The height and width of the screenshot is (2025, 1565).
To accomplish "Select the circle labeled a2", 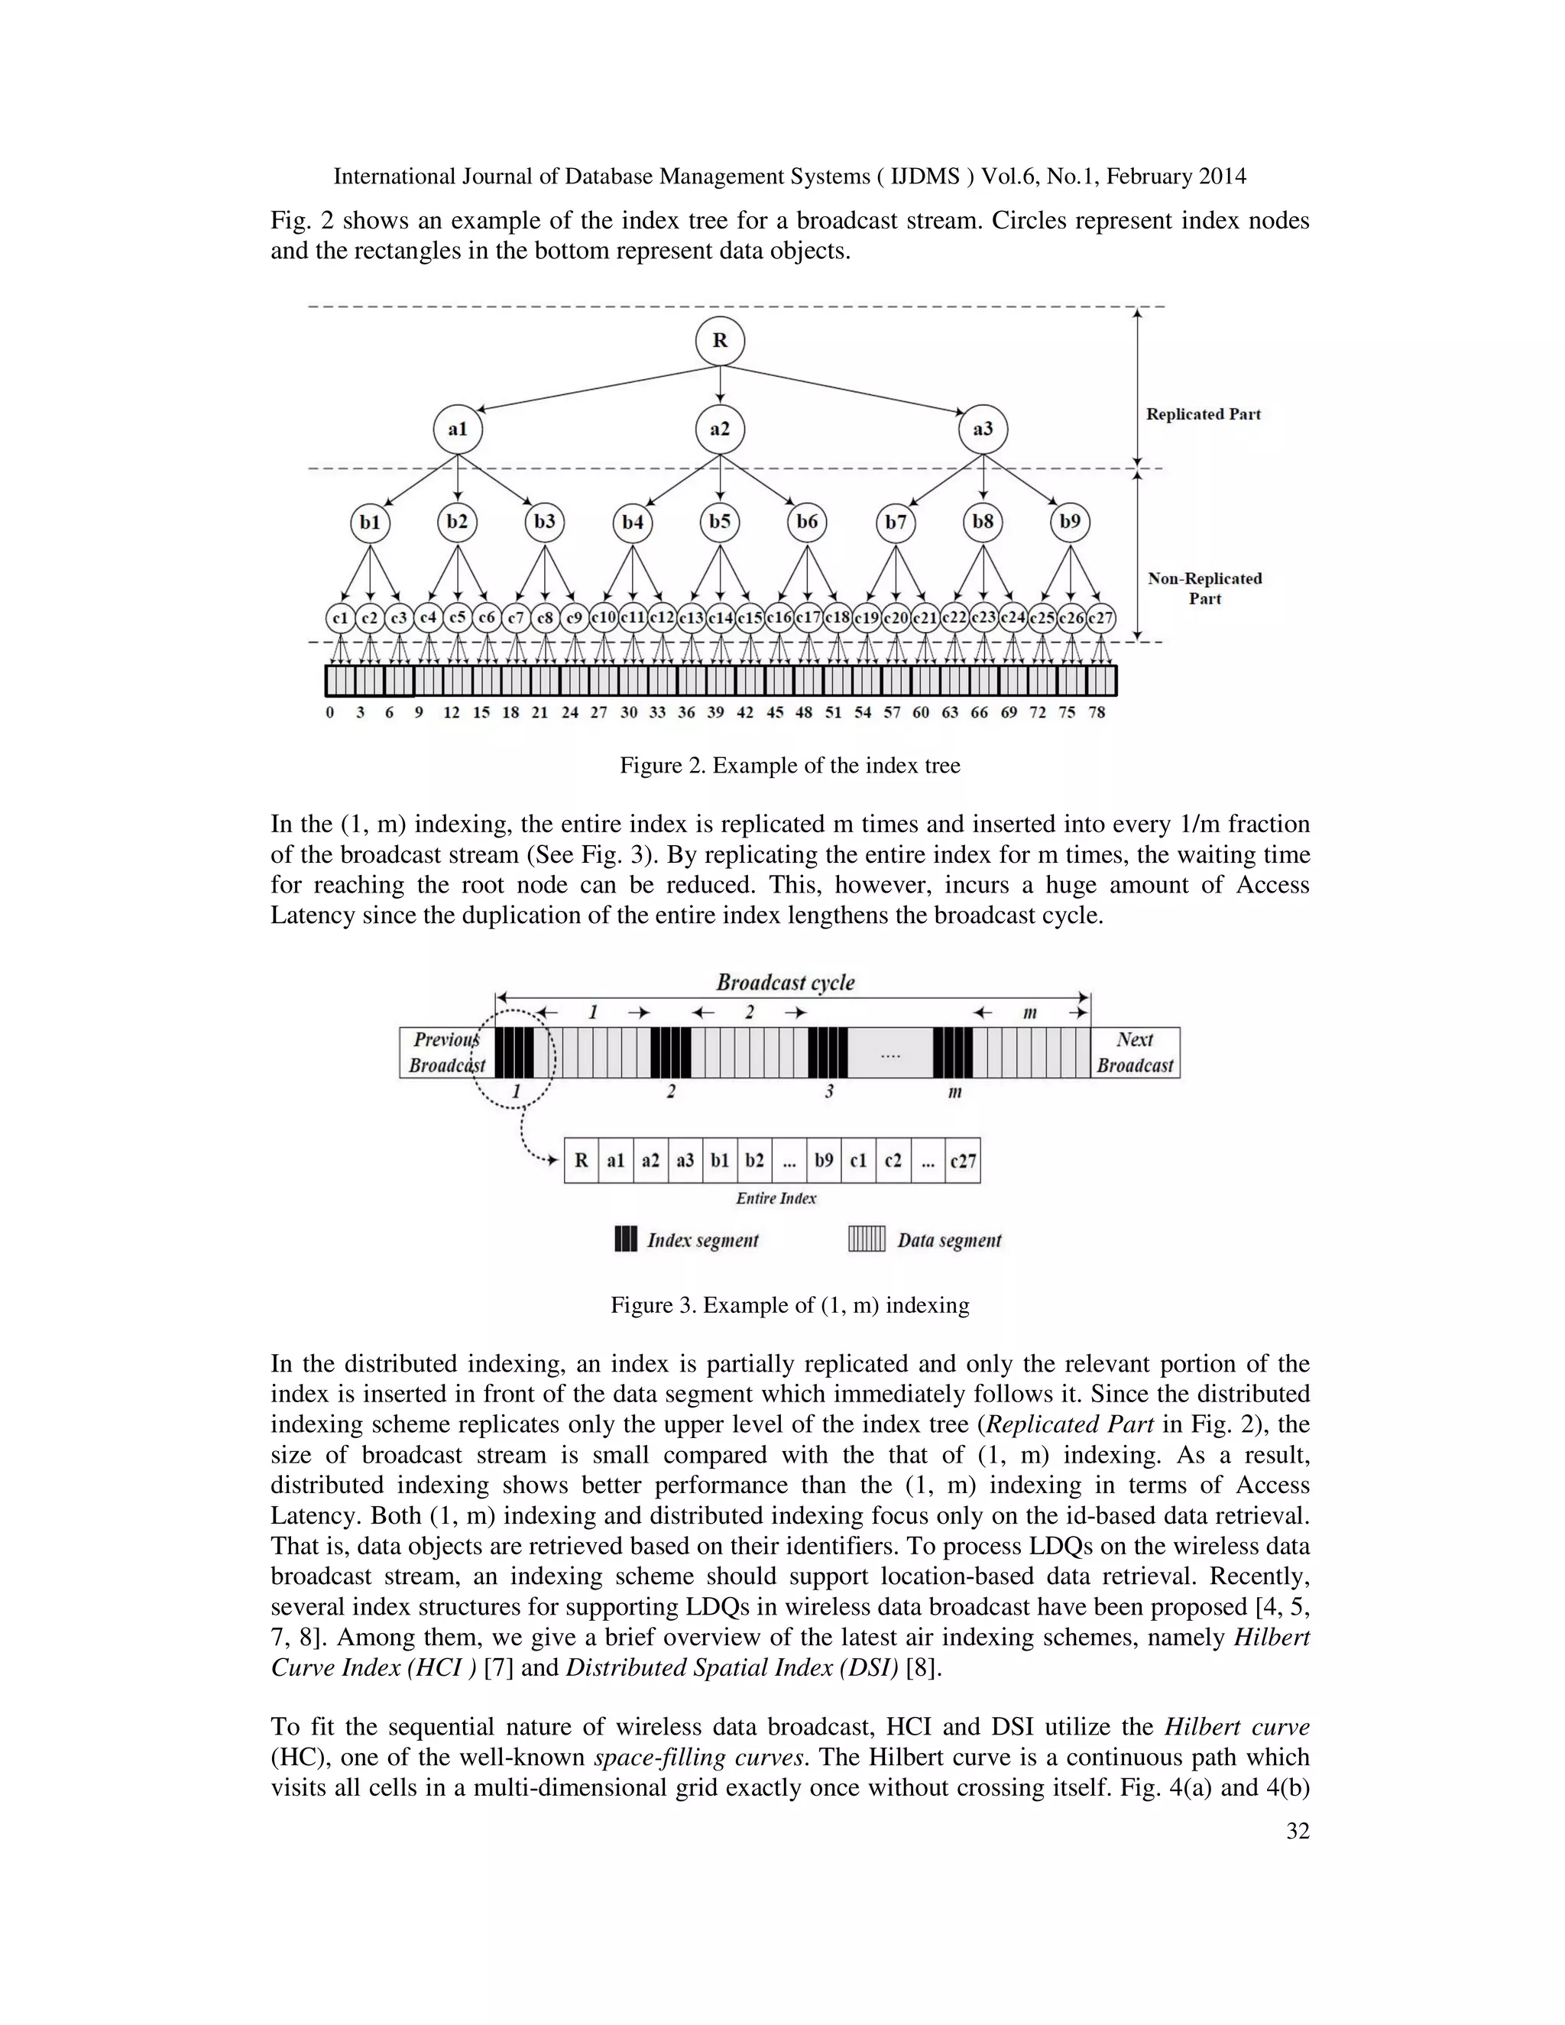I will pyautogui.click(x=719, y=429).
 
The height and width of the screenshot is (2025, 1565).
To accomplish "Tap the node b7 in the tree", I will pyautogui.click(x=895, y=523).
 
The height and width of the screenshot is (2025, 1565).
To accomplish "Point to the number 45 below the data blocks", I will pyautogui.click(x=775, y=712).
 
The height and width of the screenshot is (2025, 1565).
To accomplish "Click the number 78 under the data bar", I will pyautogui.click(x=1097, y=712).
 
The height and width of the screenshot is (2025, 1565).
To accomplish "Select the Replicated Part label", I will pyautogui.click(x=1203, y=414).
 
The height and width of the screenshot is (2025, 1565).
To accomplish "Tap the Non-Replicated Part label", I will pyautogui.click(x=1204, y=588).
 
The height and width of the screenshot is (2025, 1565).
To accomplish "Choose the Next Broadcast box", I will pyautogui.click(x=1135, y=1052).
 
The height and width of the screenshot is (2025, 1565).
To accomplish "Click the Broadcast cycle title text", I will pyautogui.click(x=786, y=983).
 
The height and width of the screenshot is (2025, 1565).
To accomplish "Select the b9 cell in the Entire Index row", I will pyautogui.click(x=823, y=1160).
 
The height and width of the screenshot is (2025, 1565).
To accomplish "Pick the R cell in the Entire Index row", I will pyautogui.click(x=582, y=1160).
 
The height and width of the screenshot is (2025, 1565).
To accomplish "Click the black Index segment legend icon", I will pyautogui.click(x=626, y=1239).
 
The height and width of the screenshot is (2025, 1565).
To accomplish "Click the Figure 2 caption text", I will pyautogui.click(x=790, y=766).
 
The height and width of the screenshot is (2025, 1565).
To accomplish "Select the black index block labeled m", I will pyautogui.click(x=953, y=1052).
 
